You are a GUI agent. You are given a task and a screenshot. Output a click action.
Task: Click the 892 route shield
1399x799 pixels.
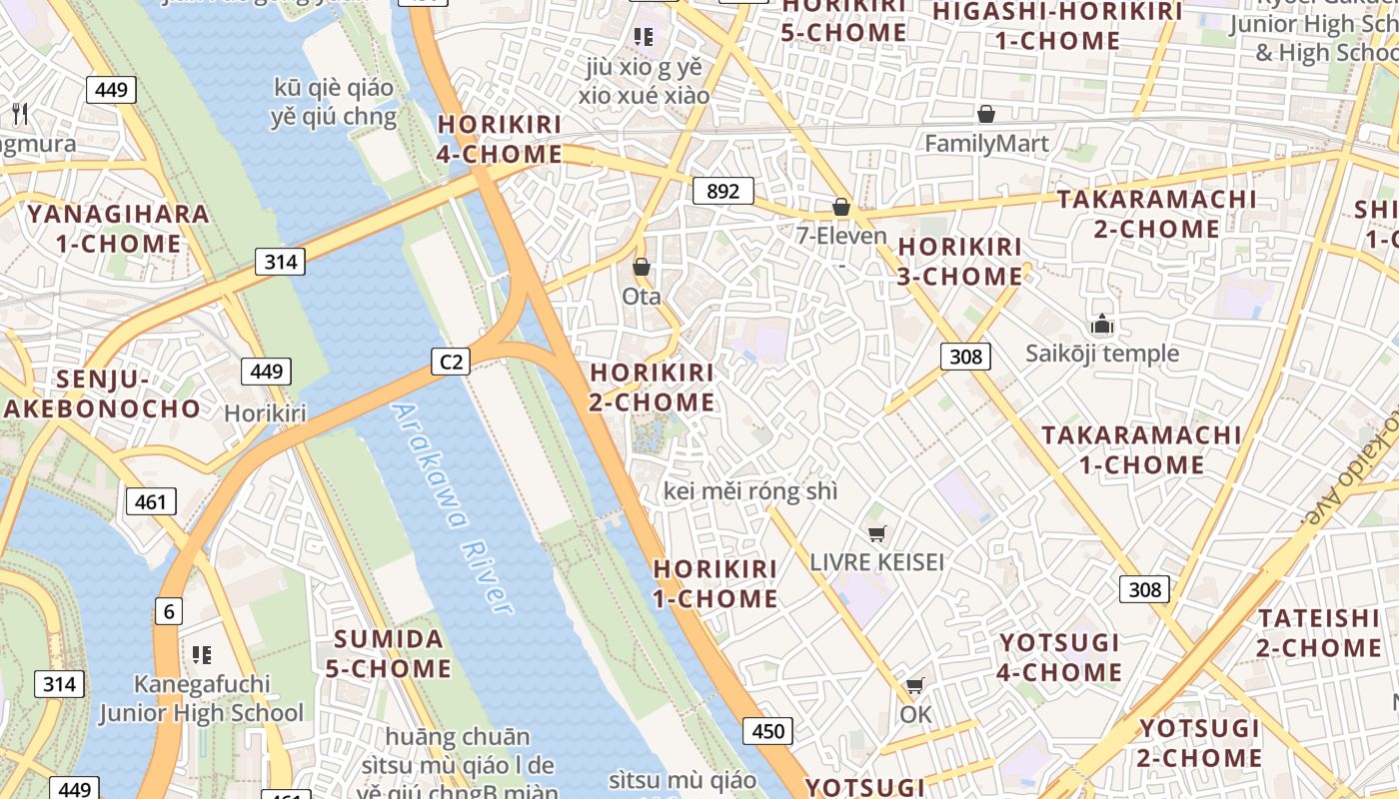point(722,191)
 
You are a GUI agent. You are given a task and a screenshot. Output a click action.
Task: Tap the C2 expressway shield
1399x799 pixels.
point(451,361)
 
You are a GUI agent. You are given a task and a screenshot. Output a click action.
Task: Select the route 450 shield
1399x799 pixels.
point(767,731)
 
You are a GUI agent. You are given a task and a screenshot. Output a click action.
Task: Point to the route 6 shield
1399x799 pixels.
point(168,611)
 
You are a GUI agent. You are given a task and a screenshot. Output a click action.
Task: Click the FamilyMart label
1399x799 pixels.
point(986,144)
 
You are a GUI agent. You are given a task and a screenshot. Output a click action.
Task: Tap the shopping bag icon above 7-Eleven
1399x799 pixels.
point(841,207)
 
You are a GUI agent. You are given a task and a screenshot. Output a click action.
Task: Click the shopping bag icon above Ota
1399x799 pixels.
point(642,268)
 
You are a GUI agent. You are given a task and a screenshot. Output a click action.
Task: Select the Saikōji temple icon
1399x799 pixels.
point(1102,324)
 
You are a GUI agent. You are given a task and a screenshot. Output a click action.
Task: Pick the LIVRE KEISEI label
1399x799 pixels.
point(876,561)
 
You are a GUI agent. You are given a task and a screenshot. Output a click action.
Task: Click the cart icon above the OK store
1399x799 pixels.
point(914,686)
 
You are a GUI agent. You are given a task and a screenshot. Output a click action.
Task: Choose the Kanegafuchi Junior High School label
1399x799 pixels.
point(201,698)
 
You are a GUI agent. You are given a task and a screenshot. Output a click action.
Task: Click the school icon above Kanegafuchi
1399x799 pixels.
point(202,655)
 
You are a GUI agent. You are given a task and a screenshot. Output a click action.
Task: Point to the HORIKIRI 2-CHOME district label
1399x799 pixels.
point(652,388)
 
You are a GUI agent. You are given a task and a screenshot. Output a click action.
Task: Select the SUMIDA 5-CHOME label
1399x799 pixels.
point(388,654)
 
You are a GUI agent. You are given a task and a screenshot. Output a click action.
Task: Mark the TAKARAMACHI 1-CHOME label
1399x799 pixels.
point(1141,449)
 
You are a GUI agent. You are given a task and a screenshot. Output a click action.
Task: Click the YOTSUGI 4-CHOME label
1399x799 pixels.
point(1059,657)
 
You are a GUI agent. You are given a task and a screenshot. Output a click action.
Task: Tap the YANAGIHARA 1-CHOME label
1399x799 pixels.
point(118,229)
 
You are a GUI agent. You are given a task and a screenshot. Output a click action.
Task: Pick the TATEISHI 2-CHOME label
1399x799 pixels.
point(1318,633)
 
